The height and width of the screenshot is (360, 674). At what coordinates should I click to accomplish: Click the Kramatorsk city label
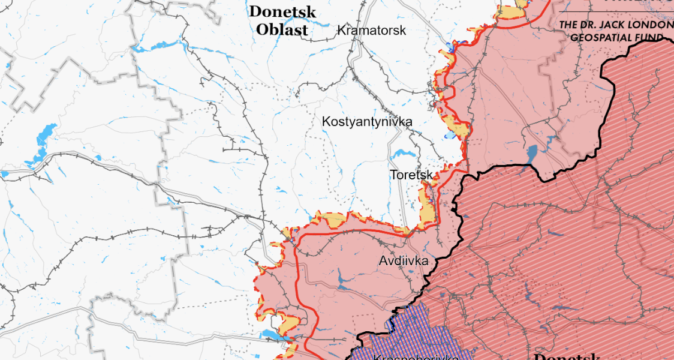coord(371,30)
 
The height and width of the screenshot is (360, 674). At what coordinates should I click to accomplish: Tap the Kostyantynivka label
coord(367,122)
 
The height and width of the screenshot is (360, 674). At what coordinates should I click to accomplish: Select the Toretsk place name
coord(411,175)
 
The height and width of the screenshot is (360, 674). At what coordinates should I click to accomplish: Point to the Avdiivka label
coord(404,261)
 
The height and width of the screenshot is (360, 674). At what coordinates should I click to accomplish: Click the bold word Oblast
coord(282,29)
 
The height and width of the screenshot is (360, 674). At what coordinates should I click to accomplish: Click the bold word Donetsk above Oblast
coord(282,11)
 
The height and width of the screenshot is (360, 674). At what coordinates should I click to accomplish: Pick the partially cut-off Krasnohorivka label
coord(416,358)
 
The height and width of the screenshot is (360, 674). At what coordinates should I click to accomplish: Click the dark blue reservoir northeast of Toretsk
coord(532,154)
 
